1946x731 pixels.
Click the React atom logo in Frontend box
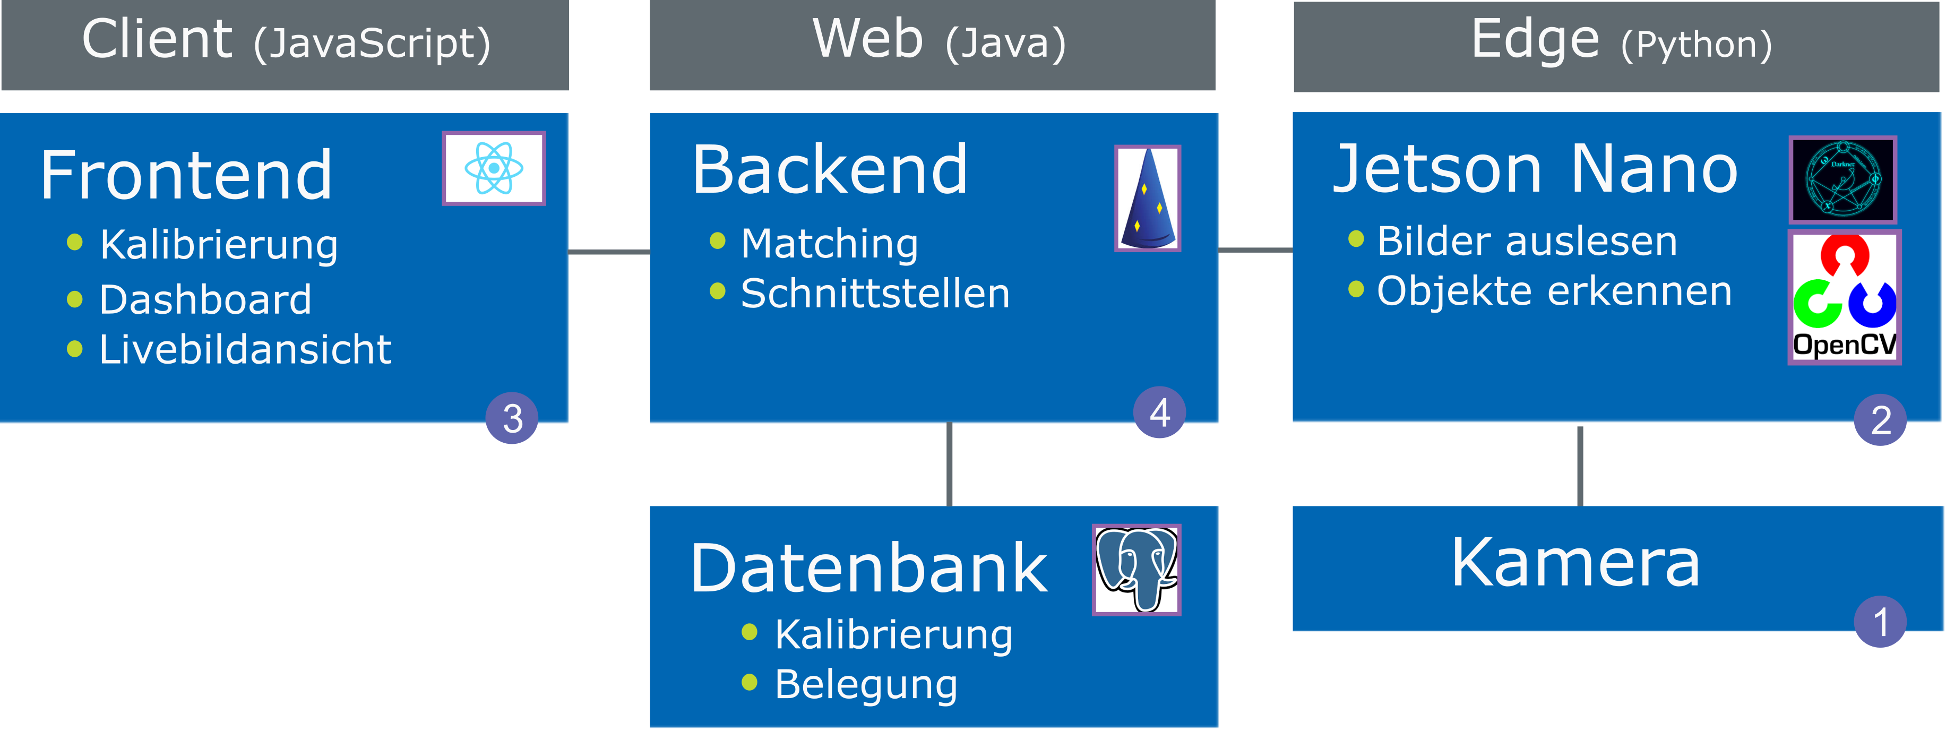(493, 168)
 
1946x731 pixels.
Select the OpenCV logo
(1844, 297)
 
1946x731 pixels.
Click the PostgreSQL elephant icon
(1136, 570)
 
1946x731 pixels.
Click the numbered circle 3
(512, 418)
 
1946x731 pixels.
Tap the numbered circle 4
(1160, 412)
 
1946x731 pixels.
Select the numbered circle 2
(1880, 420)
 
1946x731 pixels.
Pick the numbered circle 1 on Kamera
(1880, 622)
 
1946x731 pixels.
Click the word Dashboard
(205, 300)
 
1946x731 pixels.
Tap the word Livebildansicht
(245, 350)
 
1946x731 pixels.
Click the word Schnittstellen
(875, 293)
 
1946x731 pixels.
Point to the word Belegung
(866, 684)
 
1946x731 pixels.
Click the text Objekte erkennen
(1554, 291)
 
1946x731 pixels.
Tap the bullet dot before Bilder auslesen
(1356, 239)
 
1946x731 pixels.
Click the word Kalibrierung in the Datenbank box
(893, 634)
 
